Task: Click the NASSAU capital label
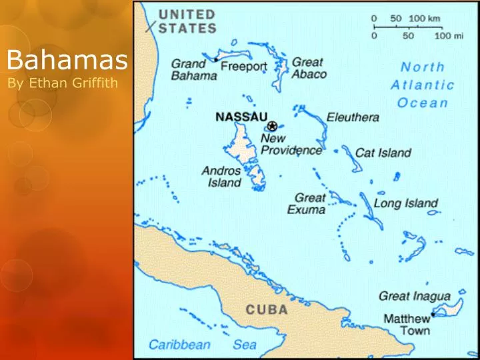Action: click(241, 116)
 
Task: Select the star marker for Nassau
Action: click(273, 125)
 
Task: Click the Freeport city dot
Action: click(216, 60)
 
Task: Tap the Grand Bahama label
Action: click(194, 70)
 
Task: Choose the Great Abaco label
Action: click(309, 68)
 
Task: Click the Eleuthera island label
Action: click(353, 117)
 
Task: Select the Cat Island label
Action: click(383, 153)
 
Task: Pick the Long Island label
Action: click(405, 203)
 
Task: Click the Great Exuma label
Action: click(307, 204)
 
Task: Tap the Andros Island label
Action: click(222, 176)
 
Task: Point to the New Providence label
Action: click(291, 144)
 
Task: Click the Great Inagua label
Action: click(414, 295)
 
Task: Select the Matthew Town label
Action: click(407, 324)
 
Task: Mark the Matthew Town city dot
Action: click(433, 314)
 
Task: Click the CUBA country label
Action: click(267, 310)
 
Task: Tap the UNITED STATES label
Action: click(187, 21)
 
